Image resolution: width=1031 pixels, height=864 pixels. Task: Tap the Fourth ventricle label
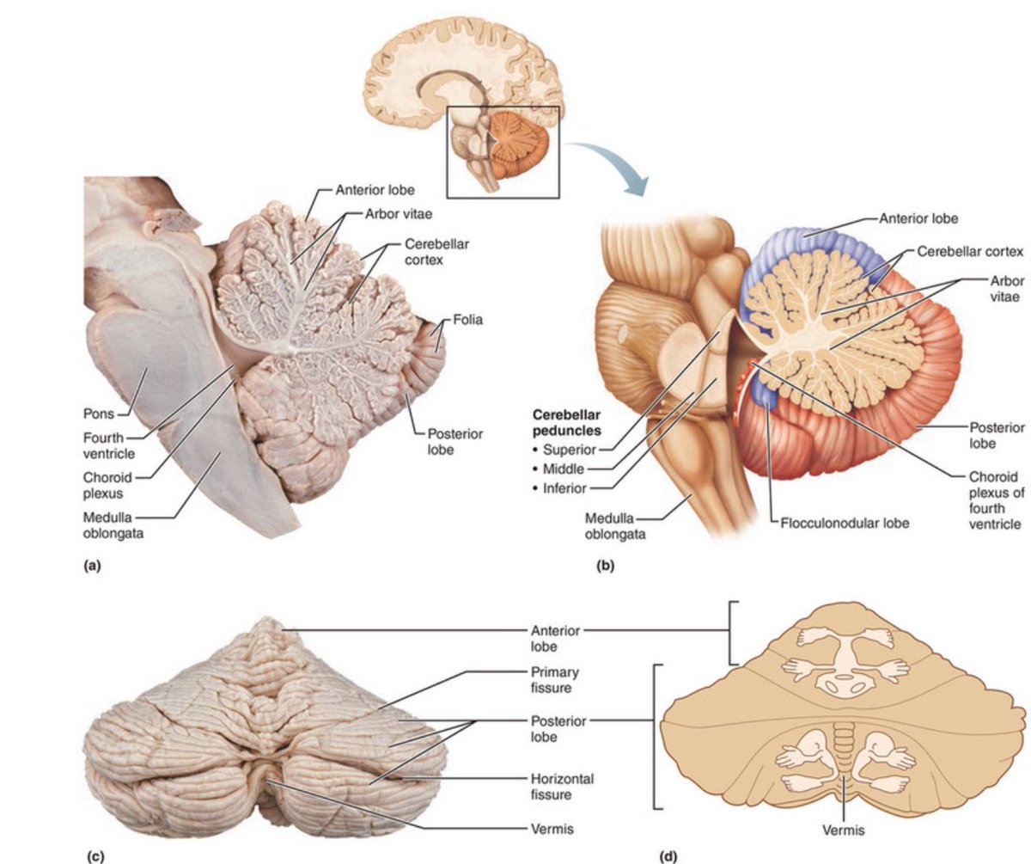coord(108,444)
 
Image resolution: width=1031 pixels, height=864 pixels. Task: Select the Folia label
coord(470,320)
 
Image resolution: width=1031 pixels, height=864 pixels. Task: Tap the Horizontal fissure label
coord(561,786)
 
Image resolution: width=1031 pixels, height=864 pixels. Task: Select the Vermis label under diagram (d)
coord(843,830)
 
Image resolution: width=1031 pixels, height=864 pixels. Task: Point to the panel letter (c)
coord(95,856)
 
